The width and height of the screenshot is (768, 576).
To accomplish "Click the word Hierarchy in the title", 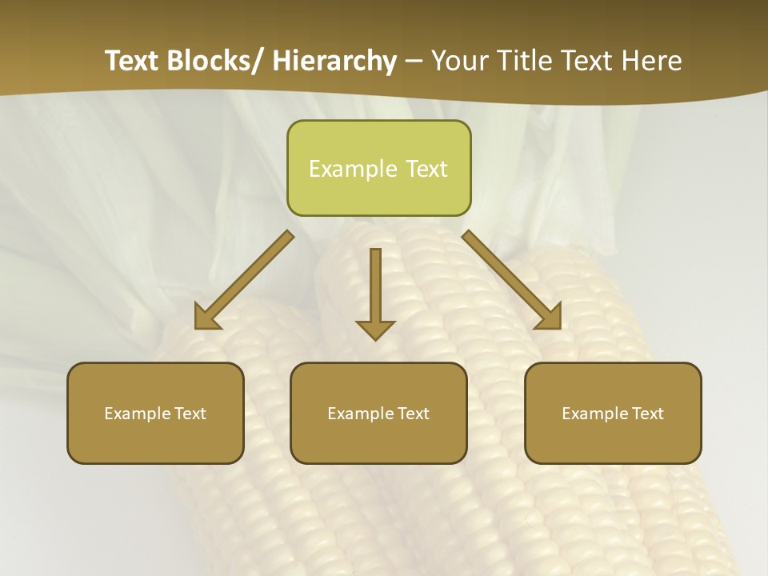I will pyautogui.click(x=334, y=62).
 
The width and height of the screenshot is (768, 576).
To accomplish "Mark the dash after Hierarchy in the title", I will pyautogui.click(x=414, y=62).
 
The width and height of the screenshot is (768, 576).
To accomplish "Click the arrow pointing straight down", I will pyautogui.click(x=375, y=292).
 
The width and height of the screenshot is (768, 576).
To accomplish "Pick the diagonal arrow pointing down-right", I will pyautogui.click(x=511, y=280).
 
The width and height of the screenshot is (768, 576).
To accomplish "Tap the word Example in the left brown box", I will pyautogui.click(x=138, y=414).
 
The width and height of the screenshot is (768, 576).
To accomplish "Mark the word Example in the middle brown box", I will pyautogui.click(x=361, y=414).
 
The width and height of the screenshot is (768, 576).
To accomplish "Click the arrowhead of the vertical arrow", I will pyautogui.click(x=375, y=330).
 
